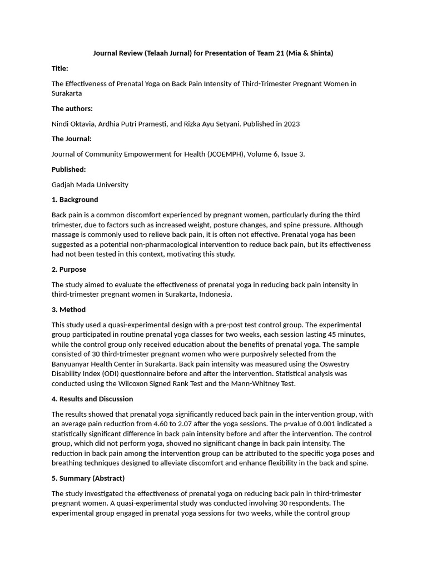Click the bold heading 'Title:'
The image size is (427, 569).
[60, 68]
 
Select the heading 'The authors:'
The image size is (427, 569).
[72, 108]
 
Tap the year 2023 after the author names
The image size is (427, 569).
[290, 124]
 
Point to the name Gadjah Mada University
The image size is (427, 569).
[90, 184]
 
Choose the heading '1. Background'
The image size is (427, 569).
[75, 199]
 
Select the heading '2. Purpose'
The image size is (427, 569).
[69, 269]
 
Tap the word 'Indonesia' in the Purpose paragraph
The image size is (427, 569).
[214, 295]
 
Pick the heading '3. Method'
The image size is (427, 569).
[69, 310]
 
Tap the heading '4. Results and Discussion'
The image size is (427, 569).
[92, 399]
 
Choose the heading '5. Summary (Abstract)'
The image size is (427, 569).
[88, 478]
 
